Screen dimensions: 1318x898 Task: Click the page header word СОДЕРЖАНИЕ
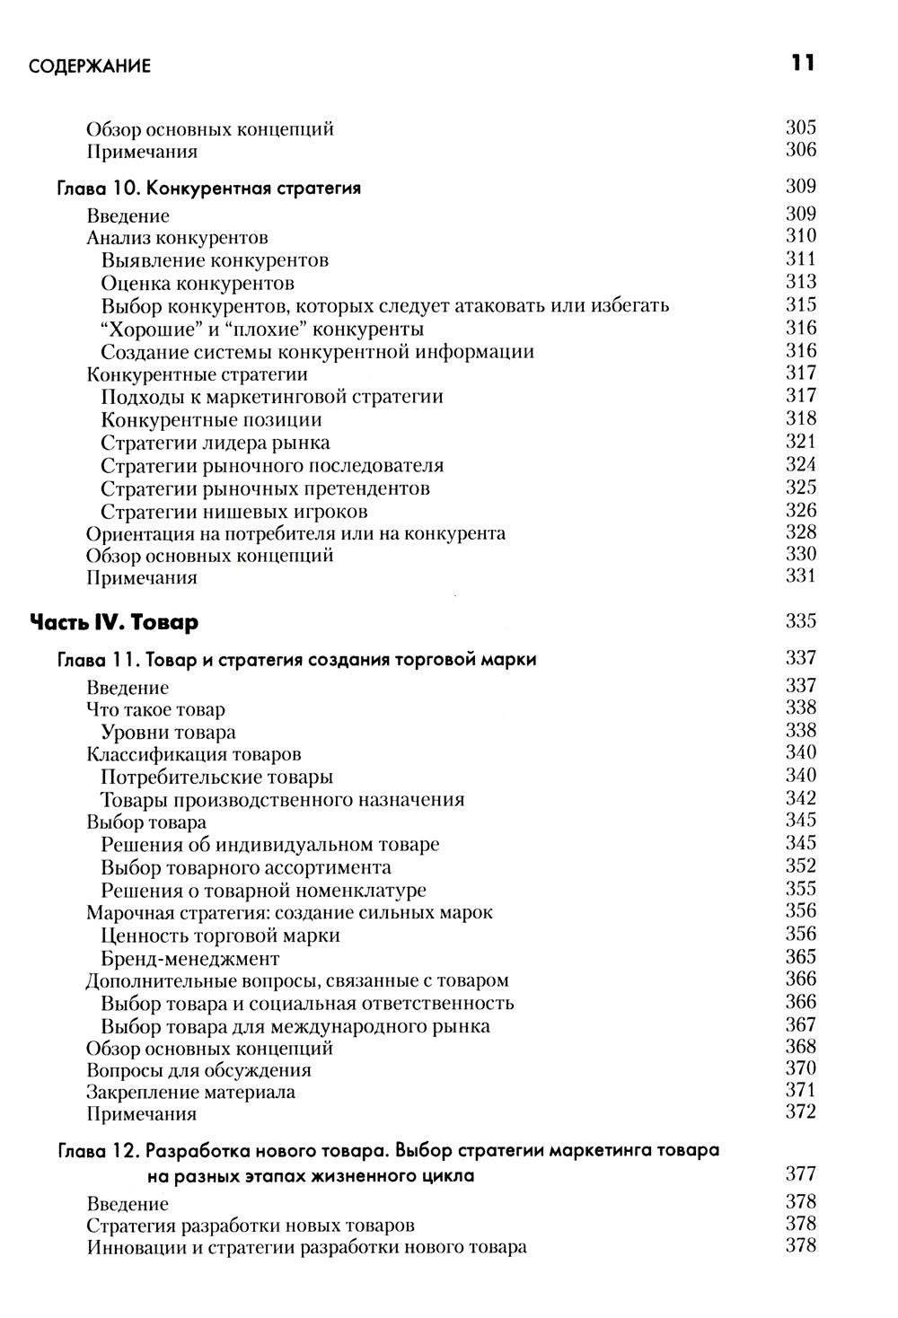tap(89, 66)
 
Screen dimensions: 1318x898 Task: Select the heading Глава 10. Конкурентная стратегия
tap(208, 189)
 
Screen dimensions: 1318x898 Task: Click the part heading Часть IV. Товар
tap(114, 621)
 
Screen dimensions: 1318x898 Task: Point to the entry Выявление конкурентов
tap(215, 260)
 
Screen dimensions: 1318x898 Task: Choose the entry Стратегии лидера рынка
tap(215, 443)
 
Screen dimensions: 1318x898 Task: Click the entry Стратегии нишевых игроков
tap(233, 512)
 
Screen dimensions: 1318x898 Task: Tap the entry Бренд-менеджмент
tap(190, 958)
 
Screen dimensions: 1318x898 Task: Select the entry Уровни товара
tap(168, 732)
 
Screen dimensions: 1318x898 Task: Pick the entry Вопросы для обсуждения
tap(198, 1070)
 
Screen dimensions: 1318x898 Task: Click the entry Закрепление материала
tap(190, 1092)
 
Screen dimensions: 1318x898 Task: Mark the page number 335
tap(800, 620)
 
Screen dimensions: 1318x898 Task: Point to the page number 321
tap(800, 441)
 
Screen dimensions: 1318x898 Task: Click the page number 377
tap(800, 1173)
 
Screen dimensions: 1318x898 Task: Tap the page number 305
tap(800, 127)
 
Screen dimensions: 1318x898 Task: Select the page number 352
tap(800, 865)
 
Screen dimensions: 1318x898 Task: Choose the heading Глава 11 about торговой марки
tap(296, 660)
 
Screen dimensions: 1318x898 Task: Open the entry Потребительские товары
tap(216, 777)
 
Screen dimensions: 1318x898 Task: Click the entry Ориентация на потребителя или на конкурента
tap(295, 533)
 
